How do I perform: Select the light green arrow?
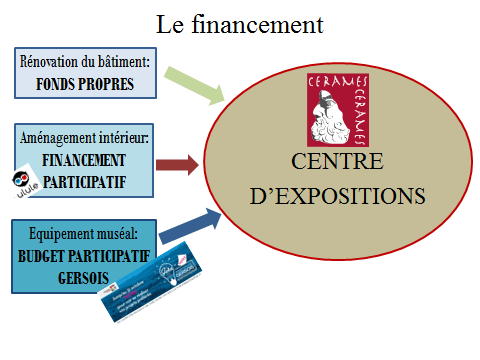point(194,85)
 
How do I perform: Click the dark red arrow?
point(178,163)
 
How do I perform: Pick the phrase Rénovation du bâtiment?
point(85,63)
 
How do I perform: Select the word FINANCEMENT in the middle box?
point(84,159)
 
